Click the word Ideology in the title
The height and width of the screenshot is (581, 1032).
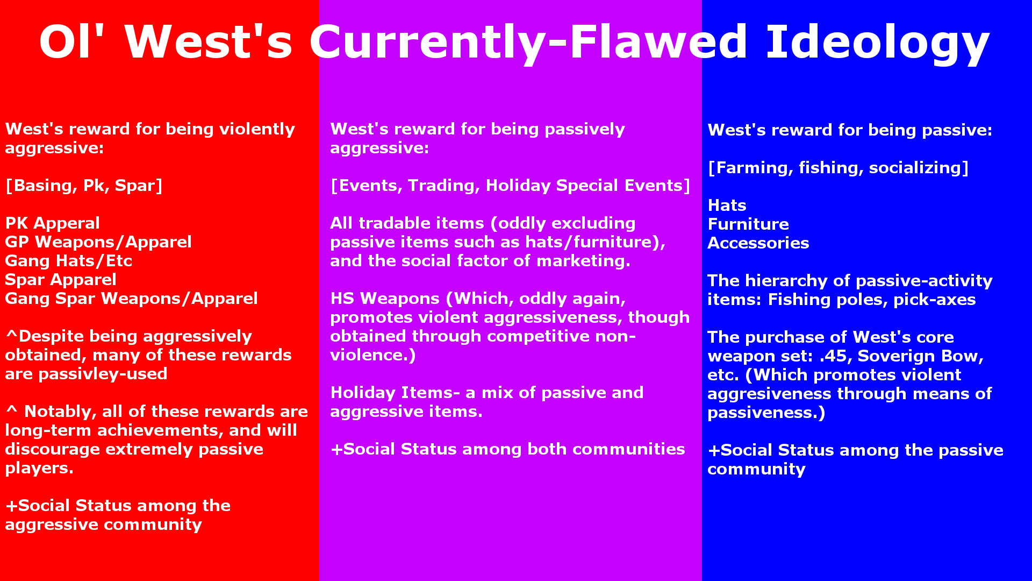click(x=877, y=43)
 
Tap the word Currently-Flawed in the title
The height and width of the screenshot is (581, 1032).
click(x=528, y=43)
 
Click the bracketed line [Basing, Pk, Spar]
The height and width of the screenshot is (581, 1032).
click(x=84, y=186)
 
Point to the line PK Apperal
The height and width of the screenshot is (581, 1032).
click(x=53, y=223)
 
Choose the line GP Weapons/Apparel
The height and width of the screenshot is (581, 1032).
click(x=98, y=242)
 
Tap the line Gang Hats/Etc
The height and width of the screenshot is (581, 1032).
click(x=69, y=261)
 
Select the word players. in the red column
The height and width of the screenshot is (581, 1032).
click(x=39, y=469)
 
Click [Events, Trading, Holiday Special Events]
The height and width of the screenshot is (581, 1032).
click(x=510, y=186)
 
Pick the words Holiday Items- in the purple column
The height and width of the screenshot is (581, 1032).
click(x=395, y=393)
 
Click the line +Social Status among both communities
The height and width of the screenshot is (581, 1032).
click(x=507, y=449)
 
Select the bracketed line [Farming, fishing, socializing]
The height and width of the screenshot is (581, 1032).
click(x=838, y=168)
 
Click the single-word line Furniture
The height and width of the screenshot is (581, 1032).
click(x=748, y=224)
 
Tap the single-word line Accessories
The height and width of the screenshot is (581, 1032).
click(x=758, y=243)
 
